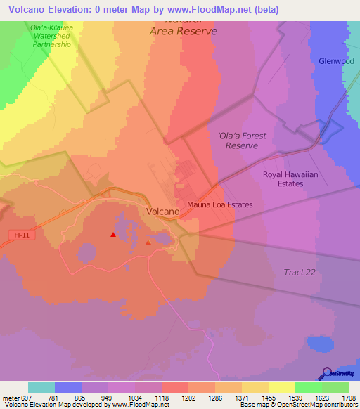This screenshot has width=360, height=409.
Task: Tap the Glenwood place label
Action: tap(336, 61)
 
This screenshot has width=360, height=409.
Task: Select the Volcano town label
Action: tap(162, 211)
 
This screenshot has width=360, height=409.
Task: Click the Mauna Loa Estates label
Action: tap(219, 205)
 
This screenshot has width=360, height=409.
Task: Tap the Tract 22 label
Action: tap(300, 272)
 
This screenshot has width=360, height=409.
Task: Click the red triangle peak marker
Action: tap(113, 235)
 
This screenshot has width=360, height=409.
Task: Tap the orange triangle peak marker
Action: tap(148, 242)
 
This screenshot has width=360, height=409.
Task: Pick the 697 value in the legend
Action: tap(25, 398)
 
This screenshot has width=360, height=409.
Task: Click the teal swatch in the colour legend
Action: tap(41, 387)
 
